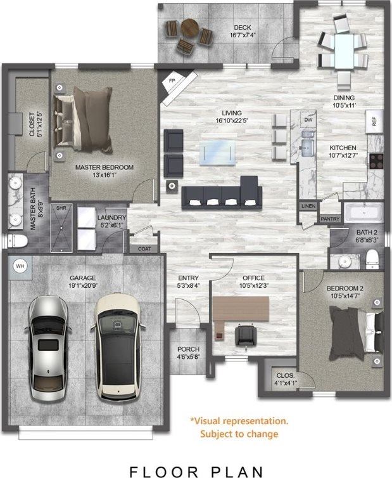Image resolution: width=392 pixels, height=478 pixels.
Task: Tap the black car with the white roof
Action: [118, 346]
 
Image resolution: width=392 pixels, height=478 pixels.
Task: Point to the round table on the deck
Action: [189, 29]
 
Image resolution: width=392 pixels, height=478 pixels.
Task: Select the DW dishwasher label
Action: [308, 119]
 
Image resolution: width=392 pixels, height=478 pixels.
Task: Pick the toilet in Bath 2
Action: [372, 258]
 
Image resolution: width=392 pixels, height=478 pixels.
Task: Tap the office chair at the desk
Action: [245, 334]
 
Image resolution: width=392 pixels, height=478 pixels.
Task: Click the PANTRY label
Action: [330, 219]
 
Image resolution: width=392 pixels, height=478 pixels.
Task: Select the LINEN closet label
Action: [308, 207]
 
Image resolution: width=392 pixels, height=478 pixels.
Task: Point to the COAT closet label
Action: [144, 249]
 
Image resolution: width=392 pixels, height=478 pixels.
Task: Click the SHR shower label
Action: [61, 208]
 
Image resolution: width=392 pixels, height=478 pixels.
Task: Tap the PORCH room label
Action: [188, 349]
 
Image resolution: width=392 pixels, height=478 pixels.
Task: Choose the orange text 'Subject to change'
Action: [239, 434]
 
